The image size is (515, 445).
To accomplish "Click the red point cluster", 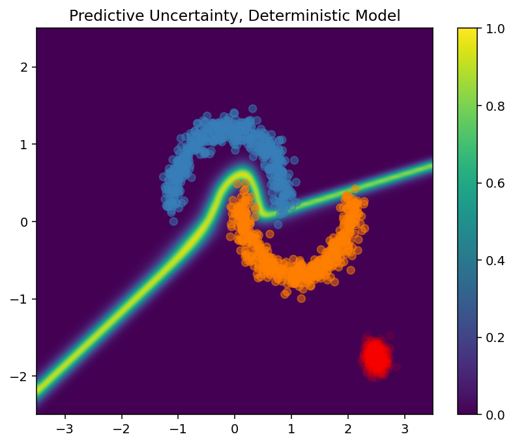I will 376,356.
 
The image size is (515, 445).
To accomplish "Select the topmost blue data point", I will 252,109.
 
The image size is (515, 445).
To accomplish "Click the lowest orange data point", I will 301,298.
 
